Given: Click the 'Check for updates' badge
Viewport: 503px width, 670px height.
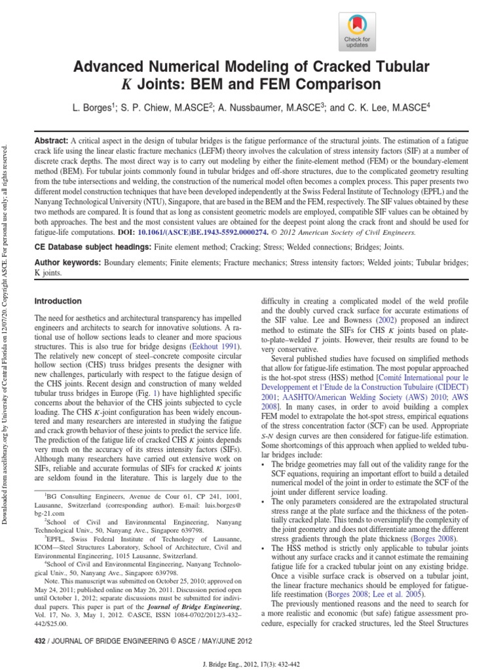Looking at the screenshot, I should coord(357,32).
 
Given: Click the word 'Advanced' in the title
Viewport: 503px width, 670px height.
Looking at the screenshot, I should coord(111,67).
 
